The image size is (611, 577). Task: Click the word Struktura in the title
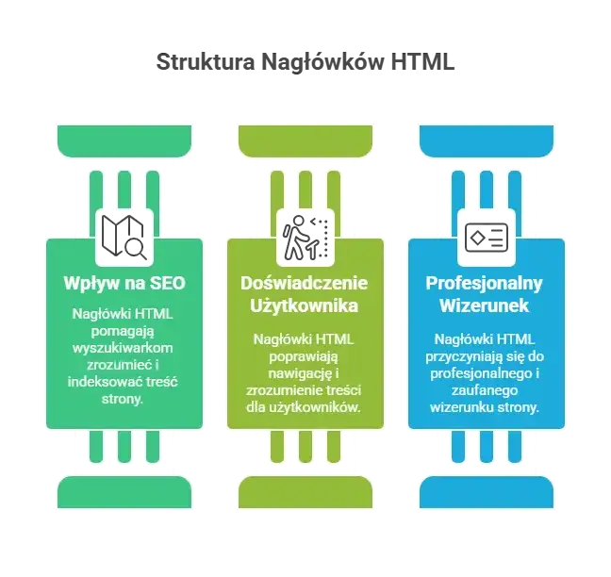pyautogui.click(x=206, y=61)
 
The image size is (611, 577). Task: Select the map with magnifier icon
pyautogui.click(x=124, y=237)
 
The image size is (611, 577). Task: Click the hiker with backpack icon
pyautogui.click(x=305, y=238)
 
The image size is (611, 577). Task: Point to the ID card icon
pyautogui.click(x=487, y=238)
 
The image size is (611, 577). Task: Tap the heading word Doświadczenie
pyautogui.click(x=304, y=283)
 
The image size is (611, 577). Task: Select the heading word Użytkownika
pyautogui.click(x=304, y=305)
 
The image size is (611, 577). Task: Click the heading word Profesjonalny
pyautogui.click(x=484, y=284)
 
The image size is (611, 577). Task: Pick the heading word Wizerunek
pyautogui.click(x=484, y=305)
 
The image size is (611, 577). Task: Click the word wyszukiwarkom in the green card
pyautogui.click(x=123, y=348)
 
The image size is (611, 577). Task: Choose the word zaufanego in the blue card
pyautogui.click(x=485, y=390)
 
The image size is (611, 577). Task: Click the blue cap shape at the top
pyautogui.click(x=487, y=141)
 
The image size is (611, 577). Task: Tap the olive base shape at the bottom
pyautogui.click(x=305, y=492)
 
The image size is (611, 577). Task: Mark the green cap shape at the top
pyautogui.click(x=124, y=141)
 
